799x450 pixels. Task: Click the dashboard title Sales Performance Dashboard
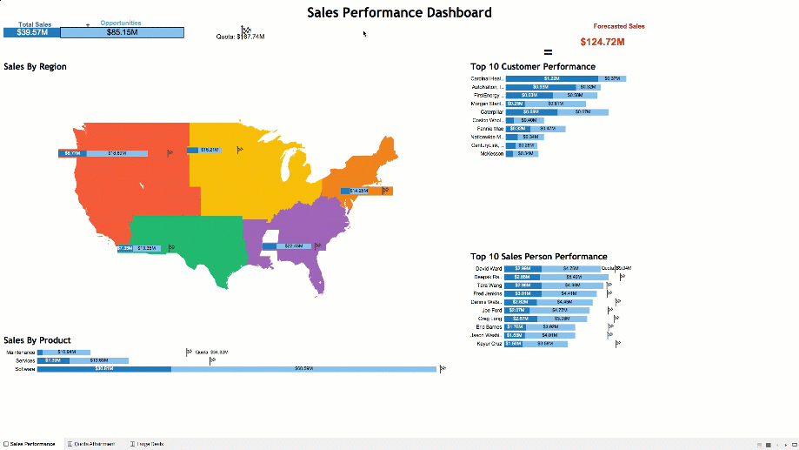[399, 12]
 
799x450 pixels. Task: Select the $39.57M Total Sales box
[31, 32]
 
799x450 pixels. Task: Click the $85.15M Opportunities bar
[122, 32]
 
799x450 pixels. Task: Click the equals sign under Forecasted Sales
[548, 52]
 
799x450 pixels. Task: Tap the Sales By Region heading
[36, 66]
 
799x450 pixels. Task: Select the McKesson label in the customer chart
[491, 153]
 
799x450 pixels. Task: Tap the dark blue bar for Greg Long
[518, 319]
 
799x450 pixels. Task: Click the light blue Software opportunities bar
[303, 369]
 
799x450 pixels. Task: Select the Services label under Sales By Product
[25, 360]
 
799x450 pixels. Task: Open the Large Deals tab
[150, 444]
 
